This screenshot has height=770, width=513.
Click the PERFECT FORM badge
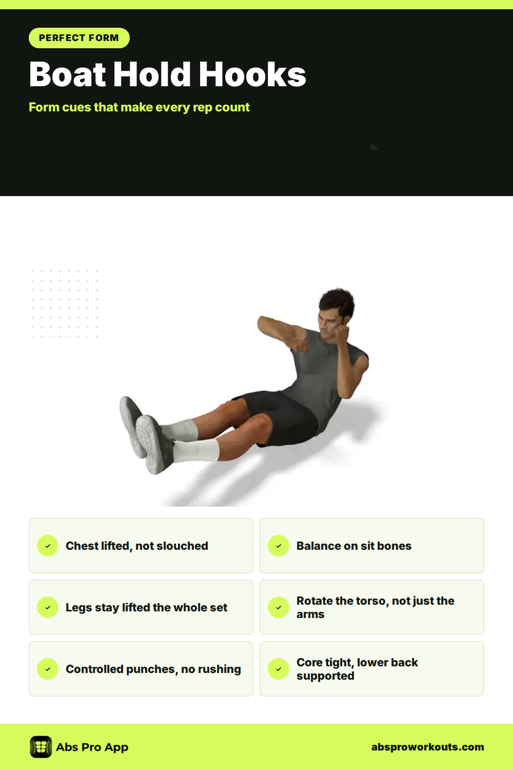click(79, 38)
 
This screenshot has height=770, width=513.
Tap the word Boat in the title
click(67, 74)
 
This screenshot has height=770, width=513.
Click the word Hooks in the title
click(252, 74)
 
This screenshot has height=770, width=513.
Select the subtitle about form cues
click(139, 107)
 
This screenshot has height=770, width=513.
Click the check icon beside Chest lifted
click(48, 546)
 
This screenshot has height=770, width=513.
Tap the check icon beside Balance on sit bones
click(279, 546)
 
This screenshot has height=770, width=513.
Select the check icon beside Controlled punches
click(48, 669)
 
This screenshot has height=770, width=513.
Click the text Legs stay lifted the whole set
click(146, 607)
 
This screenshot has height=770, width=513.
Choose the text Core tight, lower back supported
click(357, 669)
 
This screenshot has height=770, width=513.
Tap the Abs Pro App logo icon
click(41, 747)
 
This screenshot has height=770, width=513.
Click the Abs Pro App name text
click(92, 747)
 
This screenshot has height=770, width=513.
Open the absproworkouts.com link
click(427, 747)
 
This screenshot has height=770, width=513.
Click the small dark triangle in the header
click(373, 147)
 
